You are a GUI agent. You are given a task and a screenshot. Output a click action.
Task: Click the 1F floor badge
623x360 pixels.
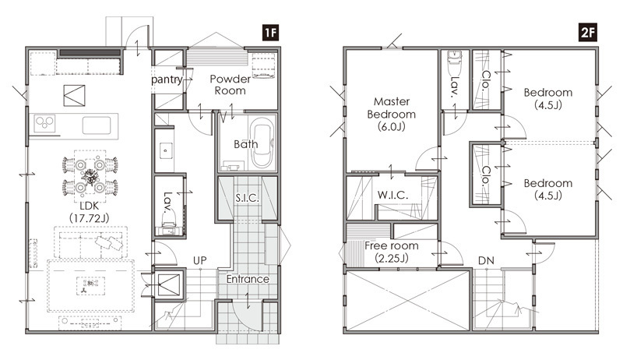[x=270, y=32]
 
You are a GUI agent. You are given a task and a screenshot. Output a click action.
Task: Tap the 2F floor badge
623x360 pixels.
[x=588, y=32]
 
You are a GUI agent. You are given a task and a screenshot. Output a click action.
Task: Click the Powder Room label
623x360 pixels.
[x=230, y=85]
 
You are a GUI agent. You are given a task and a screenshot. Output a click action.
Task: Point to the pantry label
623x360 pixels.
[x=167, y=79]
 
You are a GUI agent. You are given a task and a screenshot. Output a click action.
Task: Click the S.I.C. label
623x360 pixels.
[x=247, y=197]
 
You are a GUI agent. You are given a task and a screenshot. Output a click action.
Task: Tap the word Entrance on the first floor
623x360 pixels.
[x=248, y=279]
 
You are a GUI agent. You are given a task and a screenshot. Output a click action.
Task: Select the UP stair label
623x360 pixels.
[x=200, y=260]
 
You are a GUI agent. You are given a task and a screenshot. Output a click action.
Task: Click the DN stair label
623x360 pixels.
[x=486, y=261]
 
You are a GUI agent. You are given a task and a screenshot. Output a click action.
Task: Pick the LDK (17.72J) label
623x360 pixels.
[x=90, y=212]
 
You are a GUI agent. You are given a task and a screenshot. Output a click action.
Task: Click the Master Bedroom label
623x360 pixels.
[x=392, y=114]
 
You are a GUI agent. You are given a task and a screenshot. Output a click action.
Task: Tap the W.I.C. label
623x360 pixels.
[x=392, y=195]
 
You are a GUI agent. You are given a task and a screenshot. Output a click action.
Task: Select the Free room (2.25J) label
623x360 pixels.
[x=392, y=252]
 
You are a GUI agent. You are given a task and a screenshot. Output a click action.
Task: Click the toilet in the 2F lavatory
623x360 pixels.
[x=454, y=63]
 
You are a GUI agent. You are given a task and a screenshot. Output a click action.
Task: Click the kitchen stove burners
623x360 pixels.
[x=44, y=123]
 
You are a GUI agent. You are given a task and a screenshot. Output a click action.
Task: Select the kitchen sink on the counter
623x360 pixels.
[x=97, y=125]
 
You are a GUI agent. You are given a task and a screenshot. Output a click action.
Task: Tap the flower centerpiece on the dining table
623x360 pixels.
[x=90, y=176]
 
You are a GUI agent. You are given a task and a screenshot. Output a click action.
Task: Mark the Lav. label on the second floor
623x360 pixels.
[x=455, y=86]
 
